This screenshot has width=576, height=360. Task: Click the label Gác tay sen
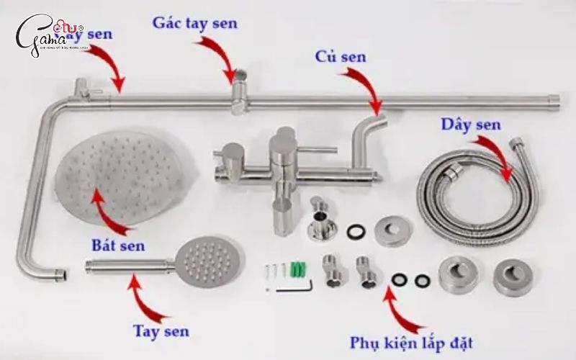tap(194, 22)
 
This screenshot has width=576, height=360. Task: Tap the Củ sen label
tap(341, 56)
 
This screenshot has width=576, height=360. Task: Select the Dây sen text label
tap(471, 125)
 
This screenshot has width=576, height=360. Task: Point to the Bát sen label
tap(118, 246)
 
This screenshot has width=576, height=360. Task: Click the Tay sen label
tap(161, 331)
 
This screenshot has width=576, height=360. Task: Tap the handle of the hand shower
tap(130, 266)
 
